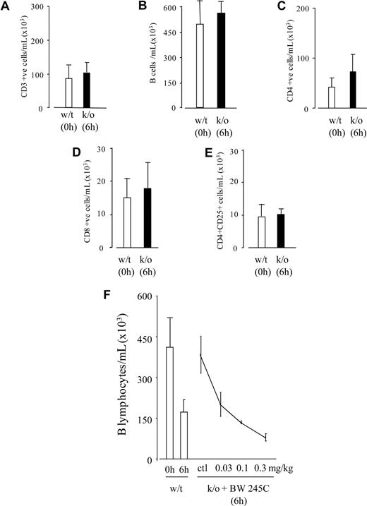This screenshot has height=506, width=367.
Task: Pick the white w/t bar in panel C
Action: (332, 97)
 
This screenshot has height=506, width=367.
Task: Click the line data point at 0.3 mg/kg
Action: (265, 438)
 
